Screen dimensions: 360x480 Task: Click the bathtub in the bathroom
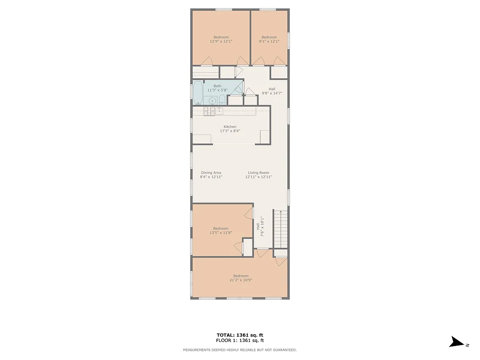click(198, 92)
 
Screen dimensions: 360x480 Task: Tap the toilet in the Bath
click(222, 100)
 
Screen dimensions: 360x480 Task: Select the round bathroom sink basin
click(212, 100)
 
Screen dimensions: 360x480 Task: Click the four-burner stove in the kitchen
click(209, 111)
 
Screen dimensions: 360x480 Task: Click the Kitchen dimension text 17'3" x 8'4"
click(230, 131)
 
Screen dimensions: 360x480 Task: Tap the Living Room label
click(259, 173)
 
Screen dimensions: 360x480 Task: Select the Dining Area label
click(211, 173)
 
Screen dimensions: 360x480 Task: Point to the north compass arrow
click(457, 342)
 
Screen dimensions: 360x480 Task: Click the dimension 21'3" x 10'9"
click(241, 280)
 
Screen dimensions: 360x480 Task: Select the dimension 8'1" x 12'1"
click(269, 41)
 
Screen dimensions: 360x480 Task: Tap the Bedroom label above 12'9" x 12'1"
click(221, 37)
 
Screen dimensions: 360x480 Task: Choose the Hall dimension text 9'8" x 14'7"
click(272, 93)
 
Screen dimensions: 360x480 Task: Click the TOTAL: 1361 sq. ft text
click(240, 335)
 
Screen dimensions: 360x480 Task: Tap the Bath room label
click(217, 86)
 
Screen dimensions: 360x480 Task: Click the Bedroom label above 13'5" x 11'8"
click(221, 229)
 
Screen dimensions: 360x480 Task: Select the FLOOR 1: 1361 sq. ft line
click(240, 341)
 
